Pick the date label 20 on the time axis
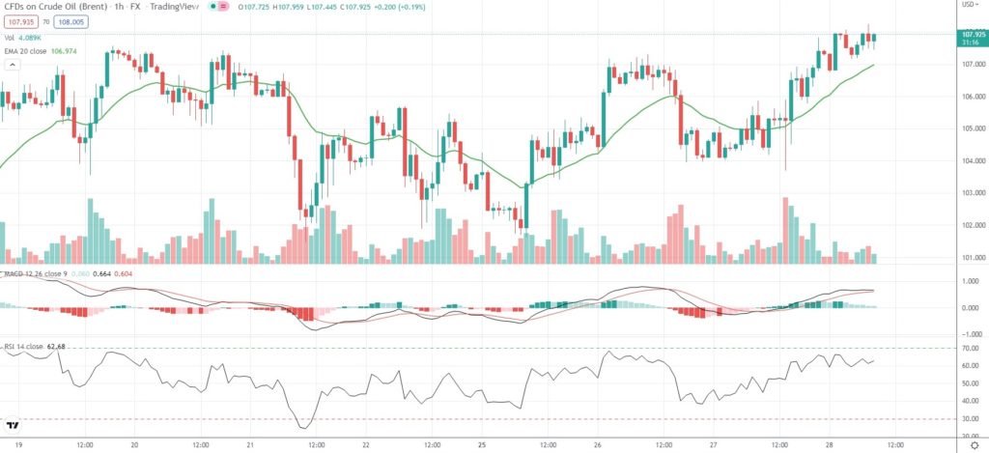tap(134, 445)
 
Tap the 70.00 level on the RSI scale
tap(969, 348)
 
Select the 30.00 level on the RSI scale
tap(969, 419)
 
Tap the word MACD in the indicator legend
tap(13, 274)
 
